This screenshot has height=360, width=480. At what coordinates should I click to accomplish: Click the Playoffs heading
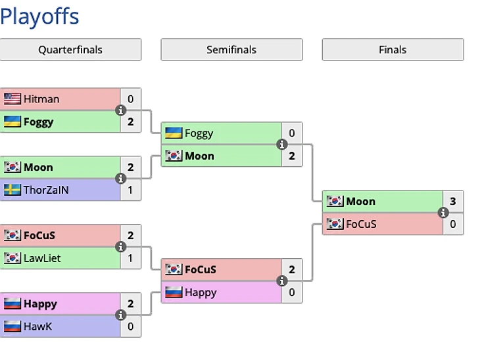click(x=39, y=16)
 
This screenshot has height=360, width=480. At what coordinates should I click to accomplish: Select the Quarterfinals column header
click(x=70, y=49)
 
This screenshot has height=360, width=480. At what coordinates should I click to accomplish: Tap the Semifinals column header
click(x=231, y=49)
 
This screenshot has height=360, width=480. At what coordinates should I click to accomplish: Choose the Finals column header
click(x=393, y=49)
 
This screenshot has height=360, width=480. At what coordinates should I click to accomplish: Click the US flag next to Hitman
click(x=12, y=99)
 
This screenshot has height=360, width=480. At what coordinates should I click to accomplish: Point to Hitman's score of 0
click(x=131, y=99)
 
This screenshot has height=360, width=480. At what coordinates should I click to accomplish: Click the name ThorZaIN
click(x=46, y=190)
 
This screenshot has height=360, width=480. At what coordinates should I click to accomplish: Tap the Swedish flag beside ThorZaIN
click(x=12, y=190)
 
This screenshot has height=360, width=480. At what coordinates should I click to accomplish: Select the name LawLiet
click(x=42, y=258)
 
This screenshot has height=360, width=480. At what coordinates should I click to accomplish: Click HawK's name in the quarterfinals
click(x=37, y=326)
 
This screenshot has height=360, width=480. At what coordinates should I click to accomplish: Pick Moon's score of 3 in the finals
click(x=453, y=201)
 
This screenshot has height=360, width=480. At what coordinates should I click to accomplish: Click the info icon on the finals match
click(x=443, y=213)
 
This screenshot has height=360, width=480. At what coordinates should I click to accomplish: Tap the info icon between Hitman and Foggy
click(x=120, y=110)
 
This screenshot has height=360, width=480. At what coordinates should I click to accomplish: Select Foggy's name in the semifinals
click(x=199, y=133)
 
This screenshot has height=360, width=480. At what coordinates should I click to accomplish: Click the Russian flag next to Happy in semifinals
click(x=174, y=292)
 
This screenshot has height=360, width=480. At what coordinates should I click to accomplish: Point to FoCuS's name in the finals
click(x=361, y=224)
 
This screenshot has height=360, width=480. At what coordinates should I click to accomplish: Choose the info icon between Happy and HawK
click(x=120, y=315)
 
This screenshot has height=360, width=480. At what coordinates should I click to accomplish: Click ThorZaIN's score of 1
click(x=131, y=190)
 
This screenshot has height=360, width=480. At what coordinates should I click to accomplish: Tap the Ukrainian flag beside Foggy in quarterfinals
click(x=12, y=122)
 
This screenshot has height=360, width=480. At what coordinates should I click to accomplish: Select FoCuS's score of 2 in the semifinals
click(x=292, y=269)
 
